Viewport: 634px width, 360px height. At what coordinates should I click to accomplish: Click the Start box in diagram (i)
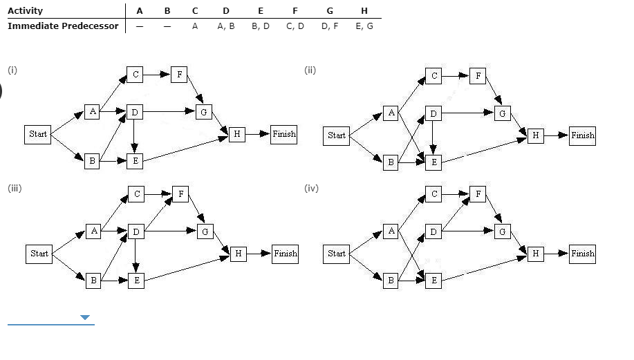[38, 134]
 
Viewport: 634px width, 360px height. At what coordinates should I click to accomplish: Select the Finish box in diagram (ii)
[582, 135]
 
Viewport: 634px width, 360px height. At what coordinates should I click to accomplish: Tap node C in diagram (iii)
[136, 195]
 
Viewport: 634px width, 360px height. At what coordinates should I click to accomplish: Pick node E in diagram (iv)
[433, 281]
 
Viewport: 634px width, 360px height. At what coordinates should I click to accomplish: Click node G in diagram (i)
[203, 111]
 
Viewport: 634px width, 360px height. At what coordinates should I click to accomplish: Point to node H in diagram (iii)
[238, 254]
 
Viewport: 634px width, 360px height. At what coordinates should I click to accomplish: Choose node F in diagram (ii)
[477, 76]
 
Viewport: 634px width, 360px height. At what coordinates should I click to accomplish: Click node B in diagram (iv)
[391, 281]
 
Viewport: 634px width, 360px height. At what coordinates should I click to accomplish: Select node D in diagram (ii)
[433, 113]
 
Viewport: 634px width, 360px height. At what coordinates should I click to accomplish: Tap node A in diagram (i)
[93, 112]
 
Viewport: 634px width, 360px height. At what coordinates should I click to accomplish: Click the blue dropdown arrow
[85, 318]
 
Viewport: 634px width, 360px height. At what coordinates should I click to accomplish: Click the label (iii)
[15, 188]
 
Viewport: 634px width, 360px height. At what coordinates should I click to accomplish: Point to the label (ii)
[310, 69]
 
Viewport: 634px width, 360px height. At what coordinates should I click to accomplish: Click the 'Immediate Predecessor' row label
[63, 26]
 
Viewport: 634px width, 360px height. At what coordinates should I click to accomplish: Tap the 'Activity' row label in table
[25, 11]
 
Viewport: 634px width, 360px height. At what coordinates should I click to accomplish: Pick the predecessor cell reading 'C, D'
[295, 26]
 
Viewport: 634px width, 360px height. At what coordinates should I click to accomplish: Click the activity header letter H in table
[364, 11]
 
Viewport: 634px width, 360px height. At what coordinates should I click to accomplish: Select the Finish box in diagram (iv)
[582, 254]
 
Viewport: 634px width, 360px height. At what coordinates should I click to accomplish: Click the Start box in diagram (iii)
[39, 254]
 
